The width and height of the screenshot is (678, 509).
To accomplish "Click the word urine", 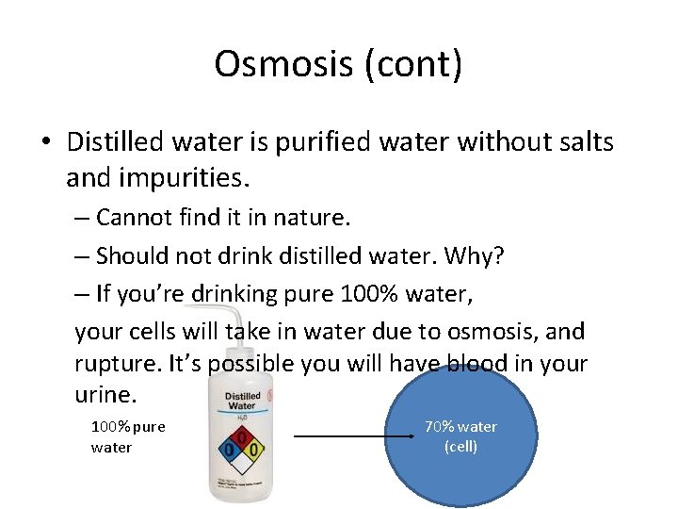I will pos(105,394).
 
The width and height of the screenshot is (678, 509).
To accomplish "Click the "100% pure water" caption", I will pos(127,436).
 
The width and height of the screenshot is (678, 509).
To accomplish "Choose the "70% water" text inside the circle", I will pos(460,427).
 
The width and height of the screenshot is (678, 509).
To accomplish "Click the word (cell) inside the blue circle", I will pos(460,447).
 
